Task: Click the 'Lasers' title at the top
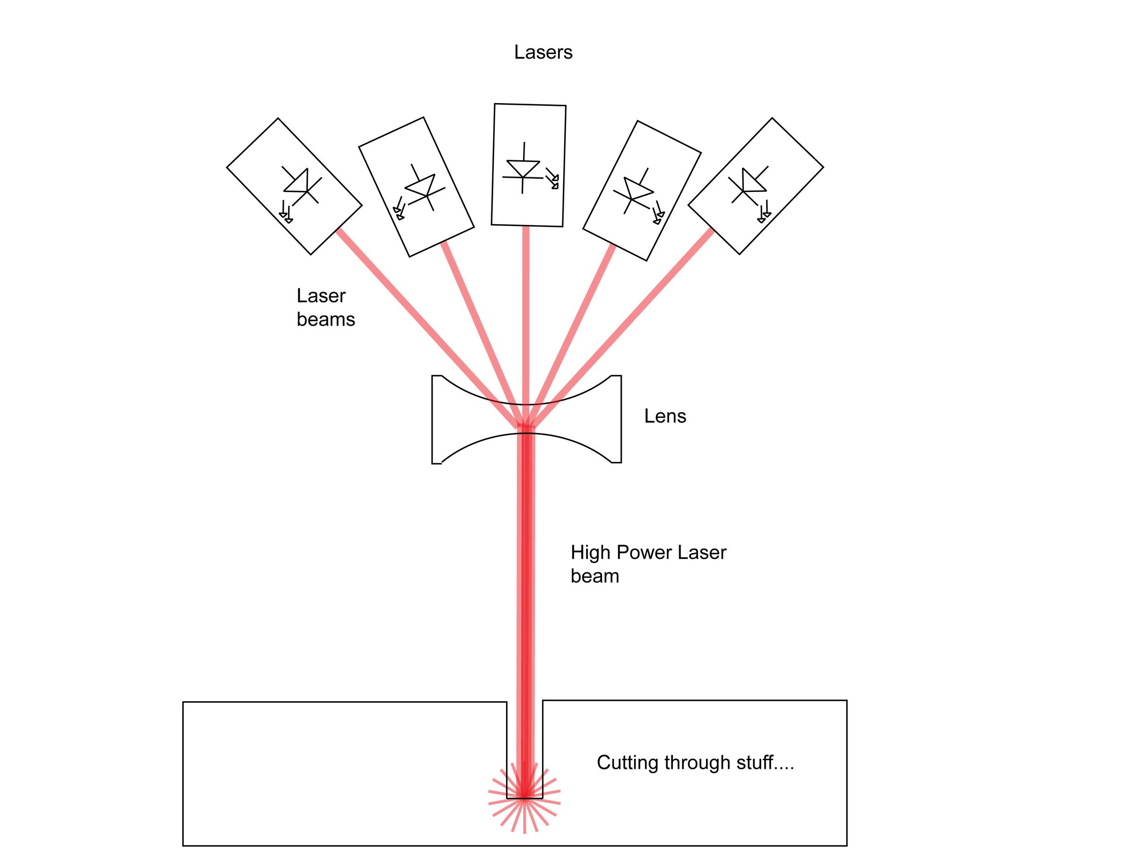coord(543,52)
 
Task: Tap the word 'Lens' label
coord(664,416)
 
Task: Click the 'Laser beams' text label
coord(325,307)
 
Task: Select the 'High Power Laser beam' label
coord(647,564)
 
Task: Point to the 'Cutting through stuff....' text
coord(695,763)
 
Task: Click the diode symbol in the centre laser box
coord(523,169)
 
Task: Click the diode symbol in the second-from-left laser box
coord(423,188)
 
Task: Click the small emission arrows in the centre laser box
coord(552,179)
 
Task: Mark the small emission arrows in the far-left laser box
coord(286,212)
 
